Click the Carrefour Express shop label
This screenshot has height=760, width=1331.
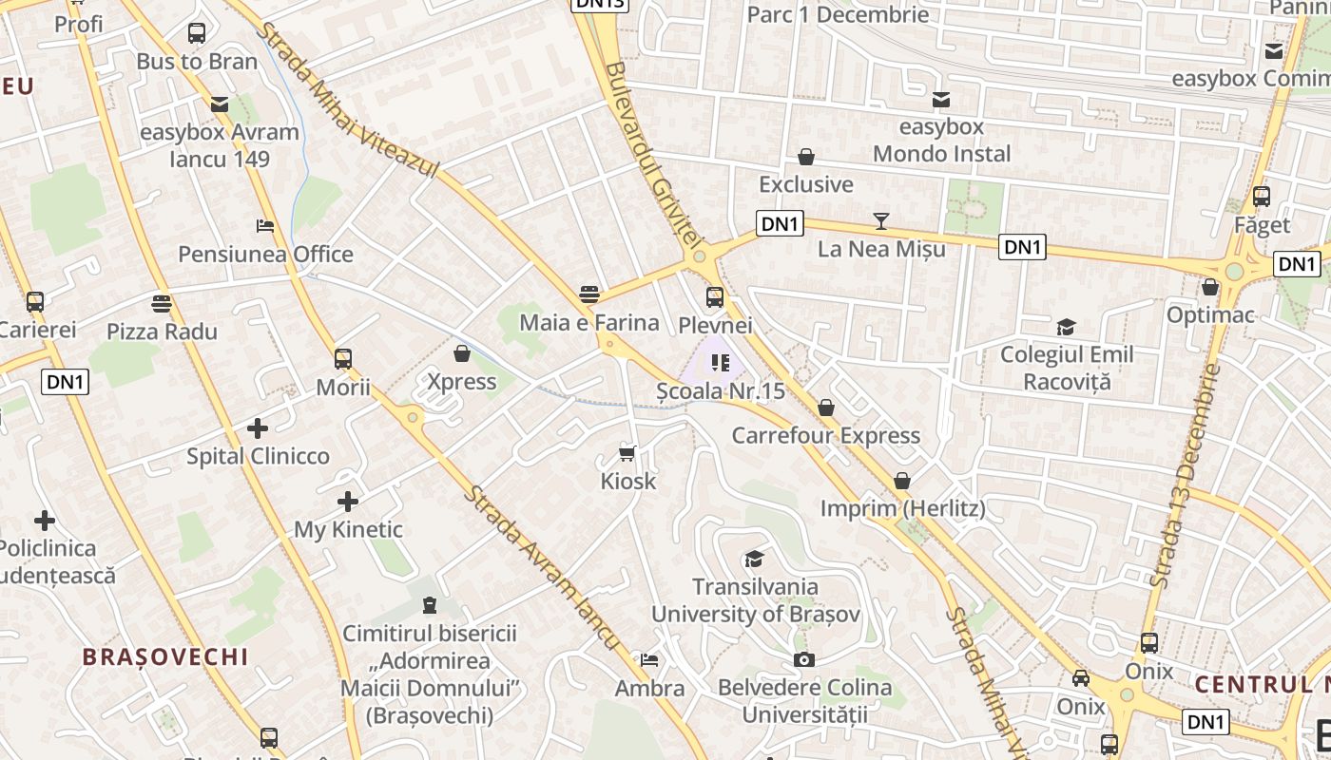coord(825,435)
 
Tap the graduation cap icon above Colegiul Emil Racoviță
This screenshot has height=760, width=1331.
coord(1066,327)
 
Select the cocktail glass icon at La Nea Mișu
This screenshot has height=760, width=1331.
coord(881,221)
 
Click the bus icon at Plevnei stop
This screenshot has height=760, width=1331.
coord(715,296)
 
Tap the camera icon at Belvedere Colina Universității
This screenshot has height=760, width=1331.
coord(803,658)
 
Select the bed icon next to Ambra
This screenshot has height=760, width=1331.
coord(649,659)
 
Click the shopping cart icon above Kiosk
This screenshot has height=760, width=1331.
coord(627,452)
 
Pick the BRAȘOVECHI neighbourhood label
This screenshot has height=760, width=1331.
coord(164,656)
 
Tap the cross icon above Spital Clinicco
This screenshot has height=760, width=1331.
coord(258,427)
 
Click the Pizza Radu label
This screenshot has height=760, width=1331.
coord(162,332)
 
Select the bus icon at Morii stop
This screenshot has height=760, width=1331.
coord(343,359)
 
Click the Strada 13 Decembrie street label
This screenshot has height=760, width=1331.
coord(1185,475)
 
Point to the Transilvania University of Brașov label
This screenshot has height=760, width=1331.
coord(756,599)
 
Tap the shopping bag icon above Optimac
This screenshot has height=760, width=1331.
coord(1210,286)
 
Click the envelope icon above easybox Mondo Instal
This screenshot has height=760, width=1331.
coord(941,99)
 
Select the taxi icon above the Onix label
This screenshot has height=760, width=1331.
coord(1081,678)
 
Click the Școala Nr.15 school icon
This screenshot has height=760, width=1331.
coord(720,362)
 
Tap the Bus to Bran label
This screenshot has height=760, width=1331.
coord(197,61)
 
